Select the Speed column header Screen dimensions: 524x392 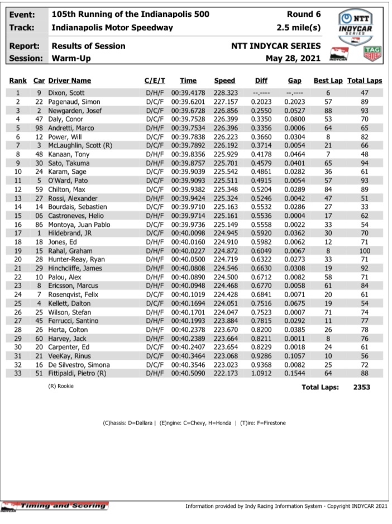pyautogui.click(x=224, y=81)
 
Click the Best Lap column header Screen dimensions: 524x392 pyautogui.click(x=328, y=81)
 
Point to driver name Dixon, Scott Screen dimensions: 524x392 pyautogui.click(x=68, y=93)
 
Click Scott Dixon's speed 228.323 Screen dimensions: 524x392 pyautogui.click(x=224, y=93)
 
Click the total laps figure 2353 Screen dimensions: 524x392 pyautogui.click(x=369, y=387)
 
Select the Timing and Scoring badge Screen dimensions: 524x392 pyautogui.click(x=56, y=506)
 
